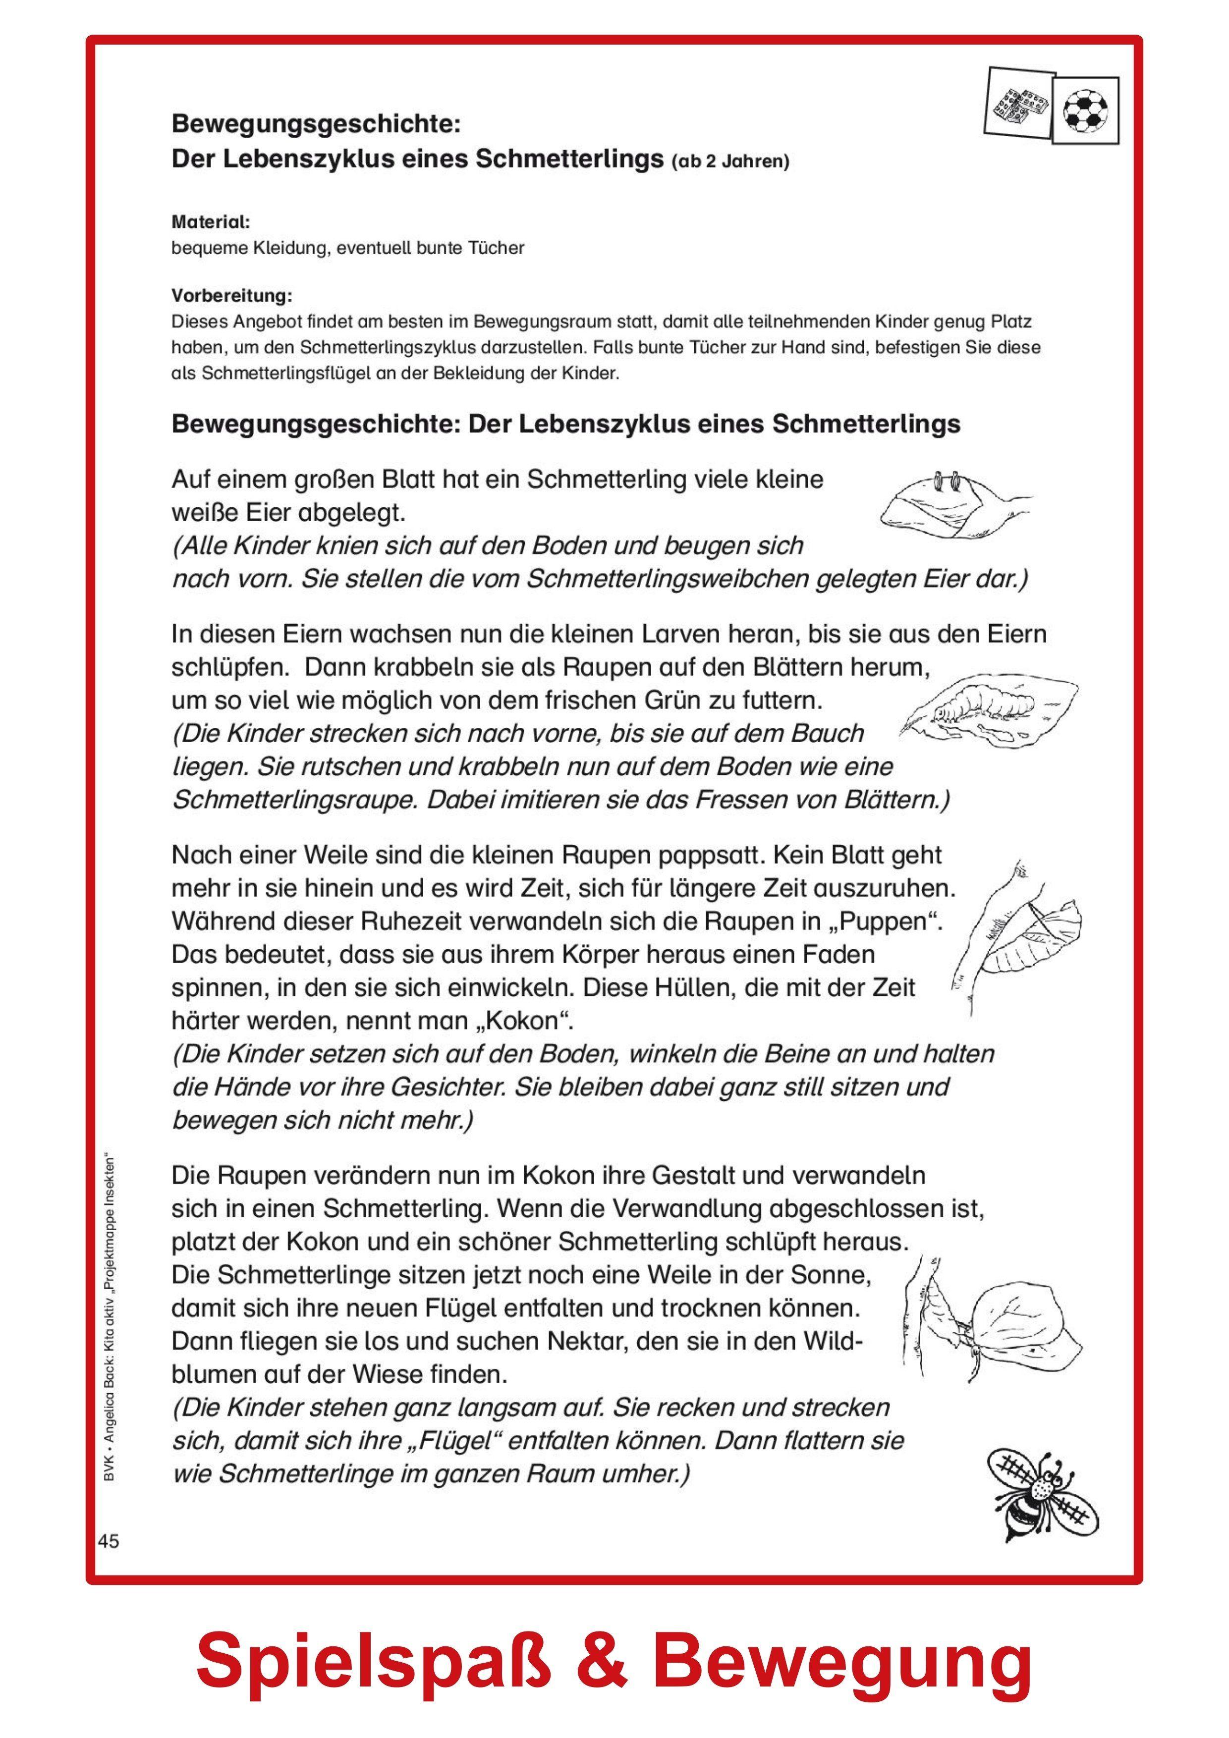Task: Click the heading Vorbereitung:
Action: [231, 294]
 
